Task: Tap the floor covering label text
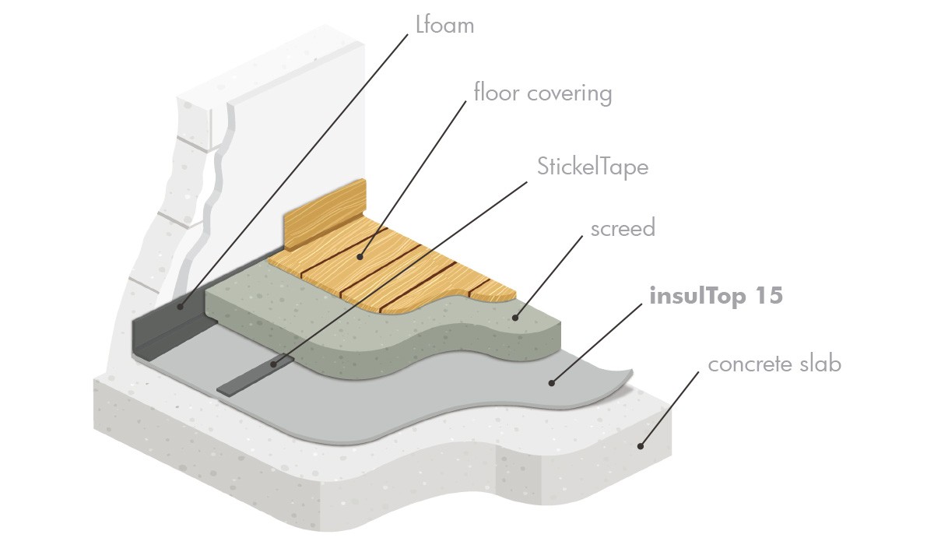click(542, 93)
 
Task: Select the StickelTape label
click(592, 166)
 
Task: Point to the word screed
click(623, 228)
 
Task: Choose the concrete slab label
click(774, 364)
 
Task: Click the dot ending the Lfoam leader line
click(181, 308)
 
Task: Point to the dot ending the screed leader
click(515, 317)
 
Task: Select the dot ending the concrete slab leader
click(641, 445)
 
